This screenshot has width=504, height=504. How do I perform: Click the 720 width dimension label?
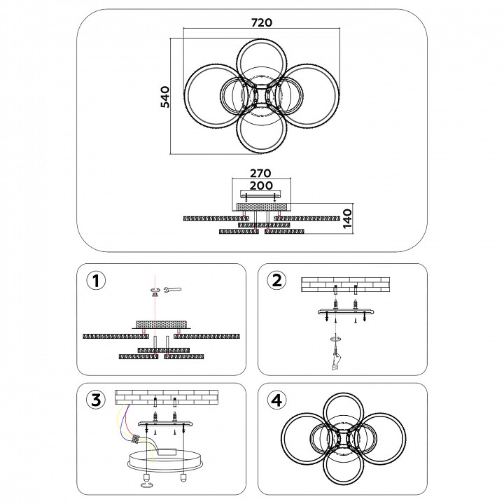click(261, 22)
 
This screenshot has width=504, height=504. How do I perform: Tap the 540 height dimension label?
click(166, 97)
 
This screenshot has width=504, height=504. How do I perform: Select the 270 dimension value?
click(260, 173)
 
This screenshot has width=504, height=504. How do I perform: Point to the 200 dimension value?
click(260, 187)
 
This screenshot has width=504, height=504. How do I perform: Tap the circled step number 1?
click(96, 281)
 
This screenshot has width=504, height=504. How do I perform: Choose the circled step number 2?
click(277, 281)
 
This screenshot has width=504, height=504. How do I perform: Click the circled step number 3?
click(96, 400)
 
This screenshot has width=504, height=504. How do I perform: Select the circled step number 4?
click(277, 400)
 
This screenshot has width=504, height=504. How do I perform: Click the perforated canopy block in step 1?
click(162, 324)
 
